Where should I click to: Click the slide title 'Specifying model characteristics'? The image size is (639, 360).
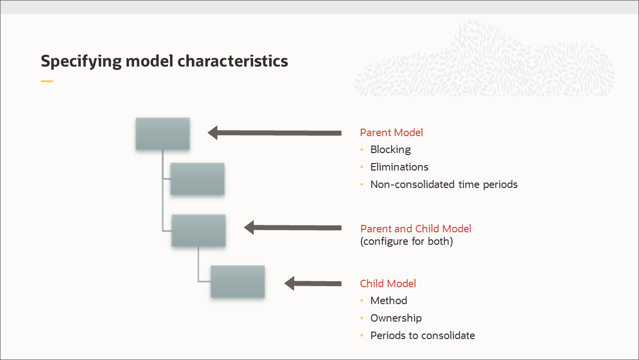[x=164, y=61]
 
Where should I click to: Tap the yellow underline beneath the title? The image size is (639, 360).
[x=46, y=81]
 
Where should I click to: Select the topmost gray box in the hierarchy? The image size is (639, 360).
[x=162, y=134]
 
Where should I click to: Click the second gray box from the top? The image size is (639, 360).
[x=197, y=179]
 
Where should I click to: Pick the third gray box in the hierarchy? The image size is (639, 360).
[x=198, y=230]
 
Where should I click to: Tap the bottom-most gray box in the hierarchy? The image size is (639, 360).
[x=237, y=281]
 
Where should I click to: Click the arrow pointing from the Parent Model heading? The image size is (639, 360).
[x=274, y=133]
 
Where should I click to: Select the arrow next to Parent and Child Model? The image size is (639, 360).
[x=293, y=227]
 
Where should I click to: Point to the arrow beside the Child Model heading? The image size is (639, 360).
[x=313, y=283]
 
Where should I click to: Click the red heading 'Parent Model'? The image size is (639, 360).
[x=391, y=133]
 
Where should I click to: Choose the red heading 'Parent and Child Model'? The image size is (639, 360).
[x=416, y=229]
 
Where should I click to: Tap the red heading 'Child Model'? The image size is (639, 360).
[x=388, y=284]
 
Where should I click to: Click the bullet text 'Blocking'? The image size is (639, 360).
[x=390, y=150]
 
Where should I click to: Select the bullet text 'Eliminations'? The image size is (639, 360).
[x=399, y=167]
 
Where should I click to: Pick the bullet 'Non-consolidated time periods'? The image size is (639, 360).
[x=444, y=184]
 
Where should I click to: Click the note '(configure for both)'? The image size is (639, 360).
[x=406, y=242]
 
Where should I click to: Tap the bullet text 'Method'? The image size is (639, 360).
[x=388, y=301]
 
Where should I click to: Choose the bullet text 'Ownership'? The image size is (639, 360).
[x=396, y=318]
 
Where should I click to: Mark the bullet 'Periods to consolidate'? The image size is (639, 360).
[x=422, y=336]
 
